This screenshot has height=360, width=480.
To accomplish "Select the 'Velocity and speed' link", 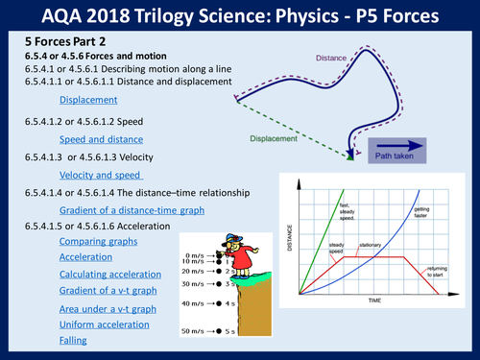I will pyautogui.click(x=101, y=175).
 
